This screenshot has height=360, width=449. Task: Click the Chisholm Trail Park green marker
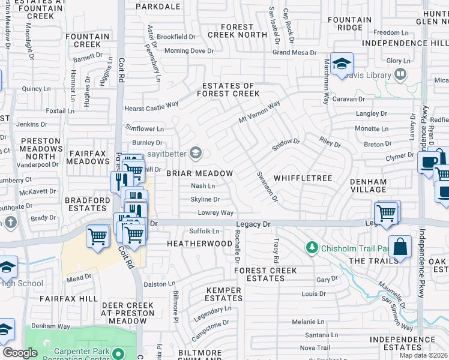coord(311,247)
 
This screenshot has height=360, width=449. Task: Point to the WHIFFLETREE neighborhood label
coord(303,178)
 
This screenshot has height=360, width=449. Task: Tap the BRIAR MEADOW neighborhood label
coord(199,173)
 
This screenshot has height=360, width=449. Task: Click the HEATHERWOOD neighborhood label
coord(199,244)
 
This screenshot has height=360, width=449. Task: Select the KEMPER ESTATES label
coord(224,294)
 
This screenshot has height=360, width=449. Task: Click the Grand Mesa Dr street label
coord(294,53)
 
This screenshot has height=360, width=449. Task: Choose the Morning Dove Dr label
coord(189,51)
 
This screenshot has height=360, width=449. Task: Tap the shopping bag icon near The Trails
coord(400,247)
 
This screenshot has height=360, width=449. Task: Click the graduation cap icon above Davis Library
coord(342,64)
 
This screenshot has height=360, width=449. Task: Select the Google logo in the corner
coord(20,353)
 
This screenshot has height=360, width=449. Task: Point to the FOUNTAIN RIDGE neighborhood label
coord(351,23)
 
